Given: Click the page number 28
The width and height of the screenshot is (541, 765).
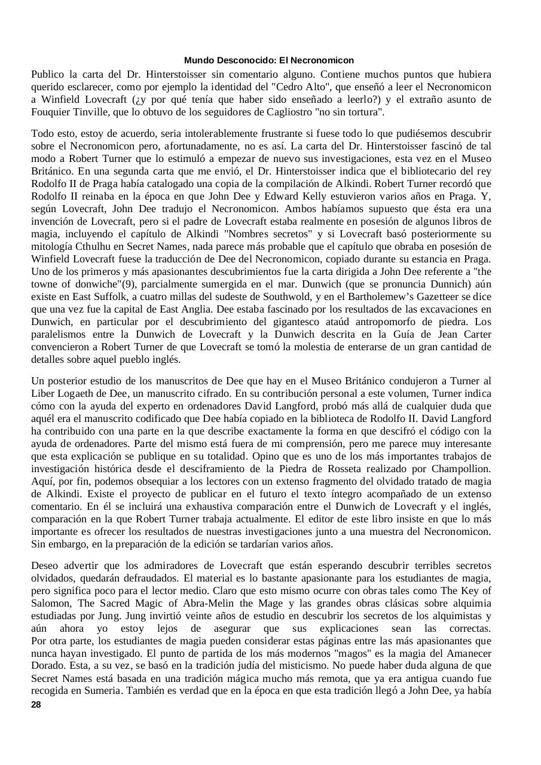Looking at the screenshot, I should tap(36, 705).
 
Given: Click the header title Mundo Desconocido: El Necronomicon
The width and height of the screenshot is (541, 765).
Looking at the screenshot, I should tap(269, 60).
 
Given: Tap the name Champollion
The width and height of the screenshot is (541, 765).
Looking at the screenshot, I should tap(462, 469).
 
